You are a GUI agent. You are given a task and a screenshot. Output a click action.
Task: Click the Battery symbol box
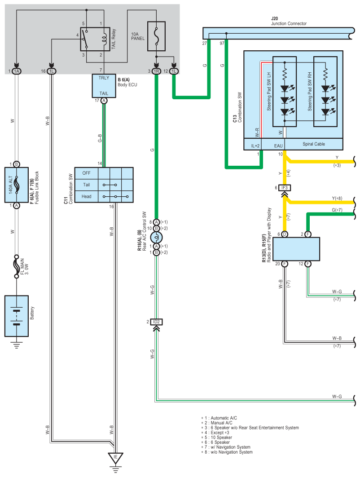[17, 316]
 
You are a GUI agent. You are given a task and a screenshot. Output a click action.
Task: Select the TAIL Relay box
[95, 39]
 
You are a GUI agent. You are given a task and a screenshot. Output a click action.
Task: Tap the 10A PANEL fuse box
[156, 36]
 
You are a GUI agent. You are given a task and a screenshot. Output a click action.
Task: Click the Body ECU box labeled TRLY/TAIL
[104, 86]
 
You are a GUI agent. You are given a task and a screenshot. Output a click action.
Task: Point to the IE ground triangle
[115, 458]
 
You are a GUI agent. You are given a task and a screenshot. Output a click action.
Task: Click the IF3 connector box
[284, 188]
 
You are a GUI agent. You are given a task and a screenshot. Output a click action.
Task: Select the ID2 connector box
[156, 322]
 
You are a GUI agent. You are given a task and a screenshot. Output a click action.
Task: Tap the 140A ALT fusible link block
[17, 185]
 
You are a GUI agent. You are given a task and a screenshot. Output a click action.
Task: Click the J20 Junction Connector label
[289, 21]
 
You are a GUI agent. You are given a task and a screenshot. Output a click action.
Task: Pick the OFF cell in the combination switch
[86, 173]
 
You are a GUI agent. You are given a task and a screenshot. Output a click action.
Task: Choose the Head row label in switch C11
[86, 197]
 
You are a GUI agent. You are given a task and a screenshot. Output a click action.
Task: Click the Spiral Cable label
[313, 144]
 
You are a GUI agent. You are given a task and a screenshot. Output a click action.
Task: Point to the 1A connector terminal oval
[17, 71]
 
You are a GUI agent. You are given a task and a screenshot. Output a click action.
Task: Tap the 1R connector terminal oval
[156, 71]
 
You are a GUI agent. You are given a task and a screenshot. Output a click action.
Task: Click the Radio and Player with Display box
[296, 249]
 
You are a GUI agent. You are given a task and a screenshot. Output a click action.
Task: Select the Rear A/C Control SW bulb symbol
[156, 237]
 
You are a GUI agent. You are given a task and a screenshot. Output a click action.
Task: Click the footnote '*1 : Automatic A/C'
[219, 418]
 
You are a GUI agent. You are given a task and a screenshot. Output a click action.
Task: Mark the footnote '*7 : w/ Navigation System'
[226, 447]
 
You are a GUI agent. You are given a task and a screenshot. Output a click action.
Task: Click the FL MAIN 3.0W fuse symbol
[17, 266]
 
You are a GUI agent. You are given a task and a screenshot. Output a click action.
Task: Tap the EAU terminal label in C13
[278, 146]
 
